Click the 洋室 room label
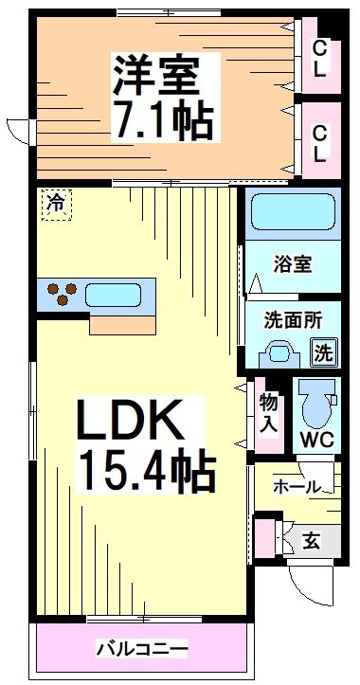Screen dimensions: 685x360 pos(162,73)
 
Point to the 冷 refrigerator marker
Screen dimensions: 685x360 pos(56,203)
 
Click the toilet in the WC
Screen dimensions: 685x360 pos(315,406)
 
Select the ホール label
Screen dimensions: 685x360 pos(296,487)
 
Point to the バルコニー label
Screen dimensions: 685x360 pos(142,650)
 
